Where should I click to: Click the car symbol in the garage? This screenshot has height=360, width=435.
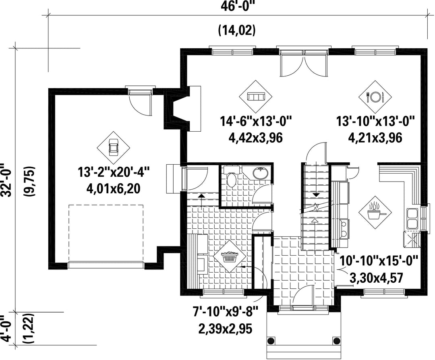click(x=113, y=147)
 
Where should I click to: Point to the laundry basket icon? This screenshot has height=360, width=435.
click(x=230, y=256)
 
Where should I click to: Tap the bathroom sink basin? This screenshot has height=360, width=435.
click(x=261, y=173)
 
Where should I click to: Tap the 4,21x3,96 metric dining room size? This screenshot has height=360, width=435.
click(x=375, y=138)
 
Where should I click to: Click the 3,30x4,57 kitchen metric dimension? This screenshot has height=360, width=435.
click(x=376, y=278)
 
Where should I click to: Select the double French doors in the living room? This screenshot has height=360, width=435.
click(x=304, y=64)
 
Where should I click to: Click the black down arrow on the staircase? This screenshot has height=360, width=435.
click(x=316, y=195)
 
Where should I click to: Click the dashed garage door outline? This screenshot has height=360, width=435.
click(x=106, y=233)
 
